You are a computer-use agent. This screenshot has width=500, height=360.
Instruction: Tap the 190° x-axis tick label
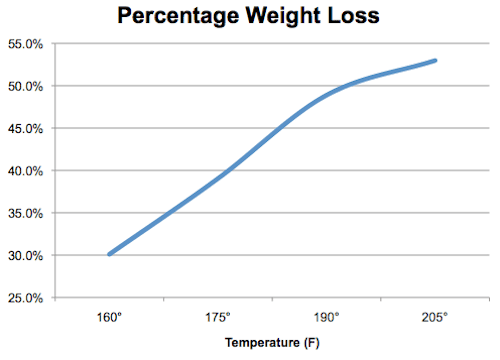327,317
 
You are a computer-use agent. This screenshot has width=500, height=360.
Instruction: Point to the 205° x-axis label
436,317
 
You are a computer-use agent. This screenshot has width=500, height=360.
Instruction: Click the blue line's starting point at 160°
109,254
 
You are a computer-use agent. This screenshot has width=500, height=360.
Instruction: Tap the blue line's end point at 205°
435,61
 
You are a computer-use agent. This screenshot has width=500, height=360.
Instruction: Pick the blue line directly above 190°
327,94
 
